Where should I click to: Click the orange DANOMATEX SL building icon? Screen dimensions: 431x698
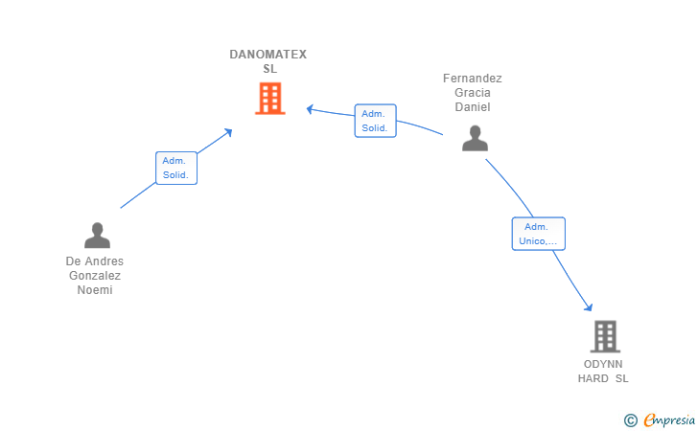click(x=269, y=98)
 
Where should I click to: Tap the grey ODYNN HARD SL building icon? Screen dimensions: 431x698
click(x=604, y=336)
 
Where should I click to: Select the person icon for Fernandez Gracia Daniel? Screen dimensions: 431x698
click(x=475, y=138)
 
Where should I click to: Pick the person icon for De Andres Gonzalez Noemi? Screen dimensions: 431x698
click(x=97, y=236)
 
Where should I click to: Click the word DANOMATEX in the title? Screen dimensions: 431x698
click(x=268, y=55)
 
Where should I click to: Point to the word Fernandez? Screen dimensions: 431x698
click(x=472, y=79)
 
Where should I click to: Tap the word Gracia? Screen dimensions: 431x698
click(x=473, y=93)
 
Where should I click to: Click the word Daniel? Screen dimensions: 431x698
click(x=473, y=107)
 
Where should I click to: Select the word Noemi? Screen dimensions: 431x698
click(x=95, y=290)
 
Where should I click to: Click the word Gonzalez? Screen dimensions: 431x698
click(x=95, y=276)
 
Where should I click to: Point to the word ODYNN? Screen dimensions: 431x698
click(x=603, y=365)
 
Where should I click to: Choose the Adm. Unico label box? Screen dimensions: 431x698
click(x=538, y=234)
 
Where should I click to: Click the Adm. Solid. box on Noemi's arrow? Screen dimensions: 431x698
click(x=176, y=168)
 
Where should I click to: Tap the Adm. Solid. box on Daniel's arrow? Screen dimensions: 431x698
click(x=375, y=121)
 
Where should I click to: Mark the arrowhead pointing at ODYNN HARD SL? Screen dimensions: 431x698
click(x=589, y=306)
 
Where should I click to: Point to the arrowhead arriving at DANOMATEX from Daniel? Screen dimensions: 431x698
click(x=311, y=108)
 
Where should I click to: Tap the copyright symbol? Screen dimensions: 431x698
click(x=630, y=420)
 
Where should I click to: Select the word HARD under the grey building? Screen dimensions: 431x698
click(x=593, y=379)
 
